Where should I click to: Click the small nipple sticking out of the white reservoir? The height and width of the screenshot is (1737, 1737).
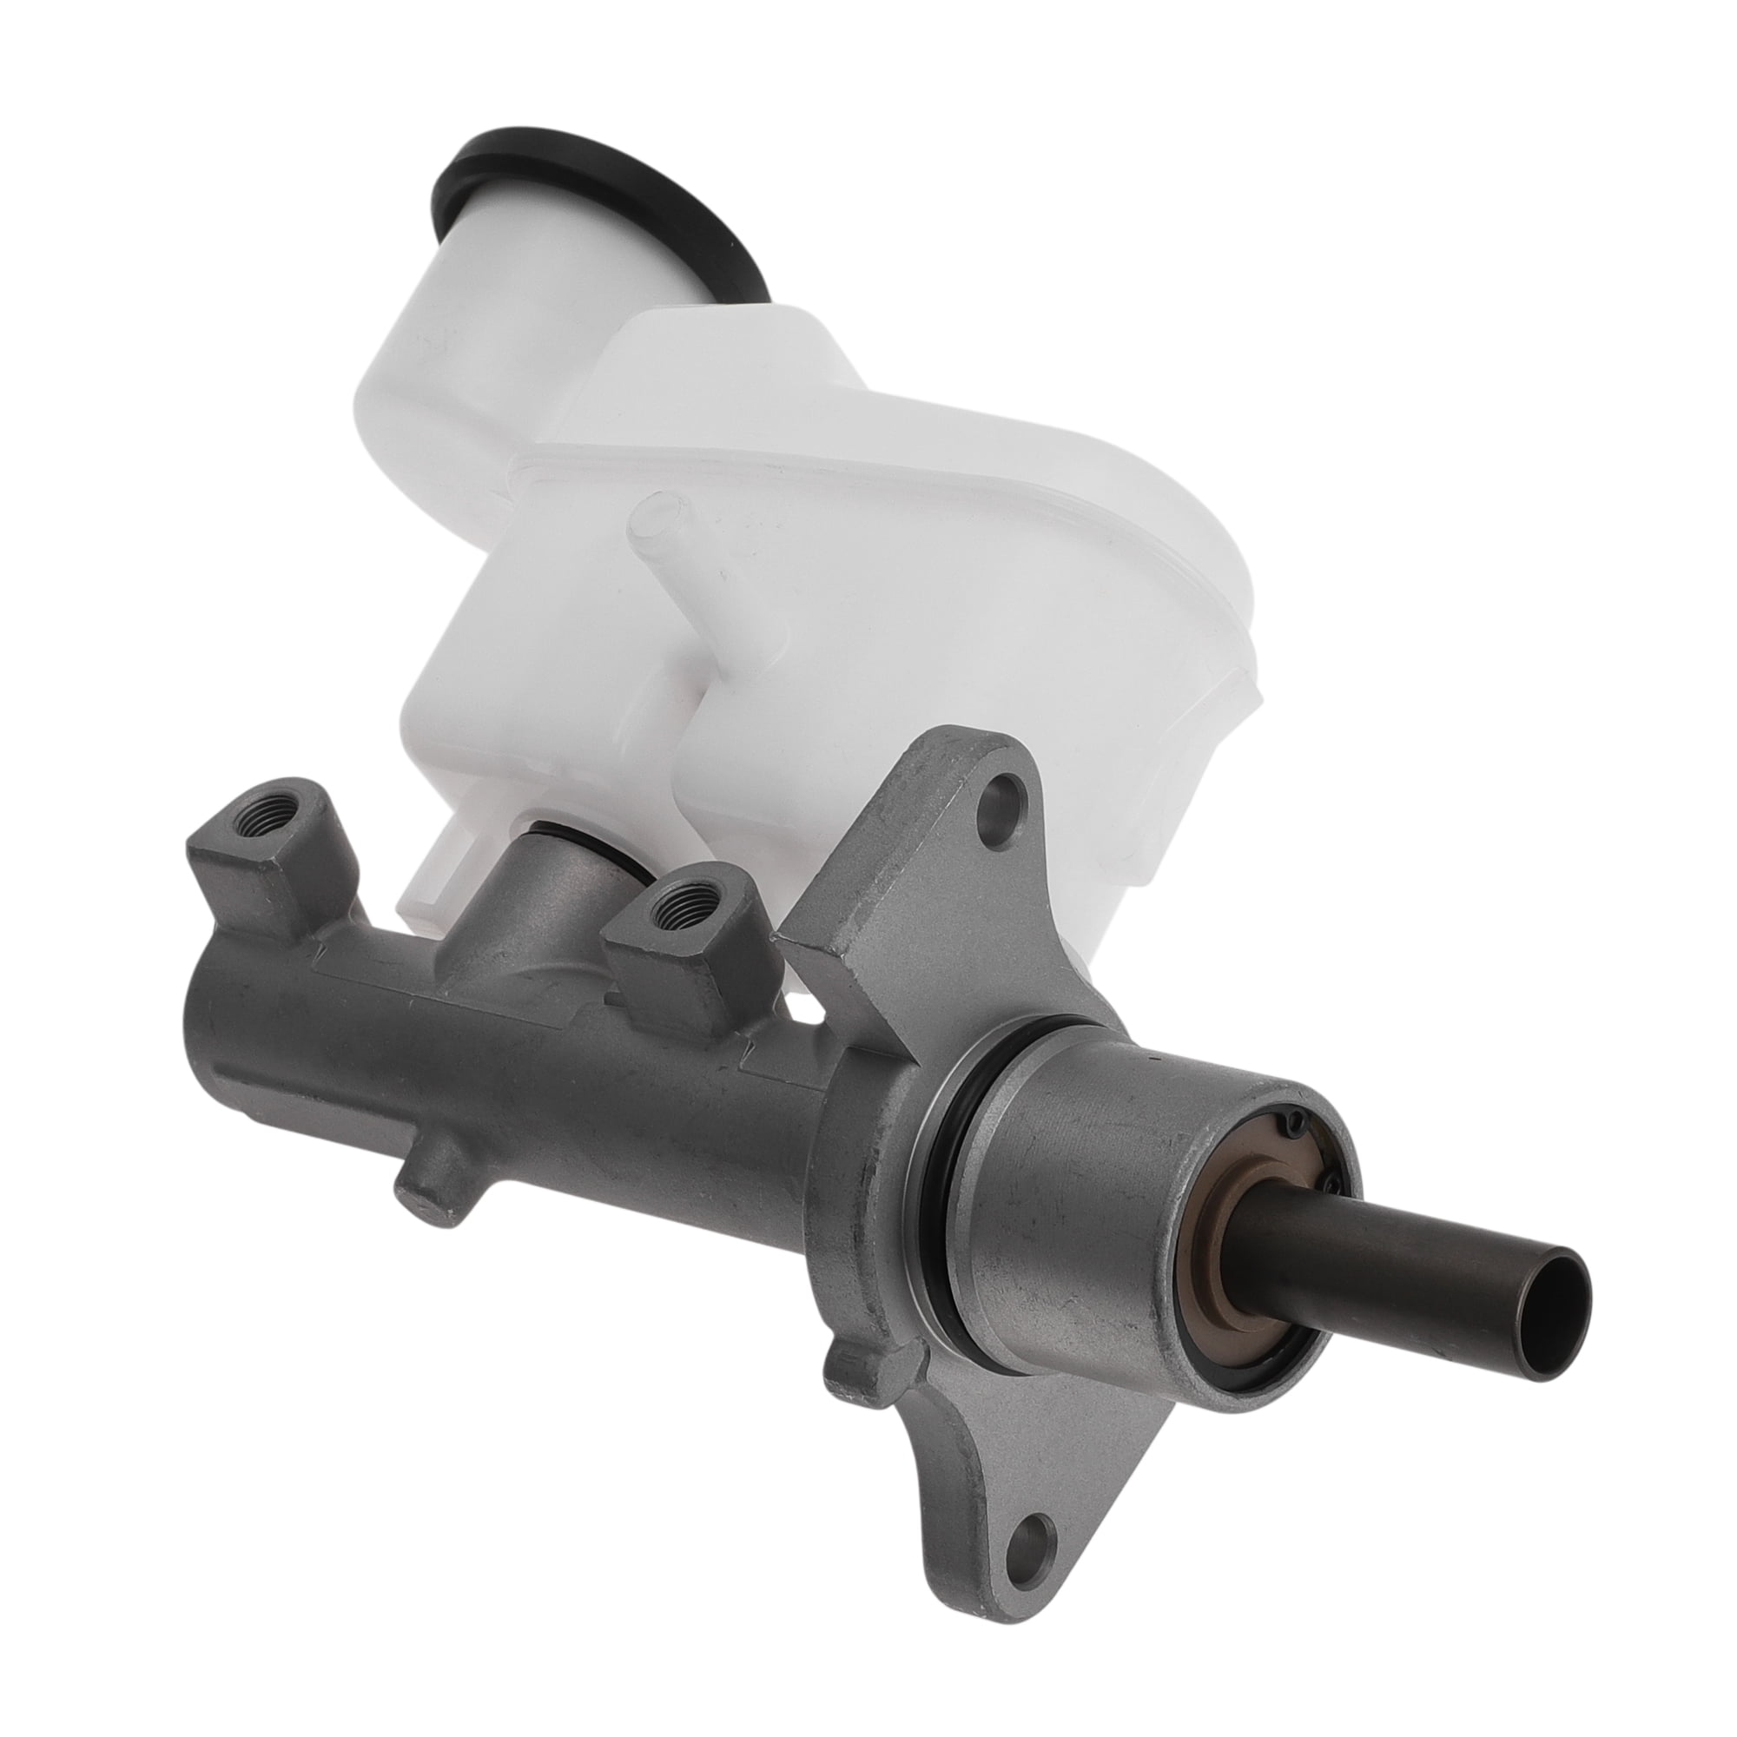click(655, 529)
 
